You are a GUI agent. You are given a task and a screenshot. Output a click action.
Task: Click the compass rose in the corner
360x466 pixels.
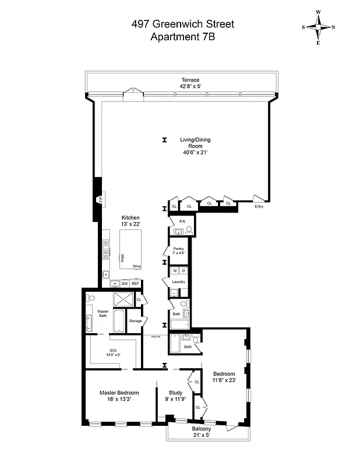pyautogui.click(x=319, y=27)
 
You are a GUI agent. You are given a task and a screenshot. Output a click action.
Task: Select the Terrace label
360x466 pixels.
pyautogui.click(x=190, y=80)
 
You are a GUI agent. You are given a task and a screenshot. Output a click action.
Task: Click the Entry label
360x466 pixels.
pyautogui.click(x=259, y=206)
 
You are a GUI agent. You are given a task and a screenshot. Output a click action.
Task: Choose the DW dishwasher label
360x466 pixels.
pyautogui.click(x=124, y=284)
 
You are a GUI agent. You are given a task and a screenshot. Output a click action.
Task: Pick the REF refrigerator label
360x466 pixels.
pyautogui.click(x=135, y=284)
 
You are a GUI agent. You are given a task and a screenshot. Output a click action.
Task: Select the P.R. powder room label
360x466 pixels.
pyautogui.click(x=182, y=222)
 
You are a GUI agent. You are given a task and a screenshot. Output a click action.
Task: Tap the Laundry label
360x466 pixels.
pyautogui.click(x=178, y=282)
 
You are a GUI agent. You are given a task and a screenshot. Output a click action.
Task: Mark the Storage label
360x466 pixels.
pyautogui.click(x=135, y=321)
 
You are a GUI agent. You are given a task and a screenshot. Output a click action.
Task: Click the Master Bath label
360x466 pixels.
pyautogui.click(x=103, y=313)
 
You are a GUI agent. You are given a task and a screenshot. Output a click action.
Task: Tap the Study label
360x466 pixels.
pyautogui.click(x=175, y=396)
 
